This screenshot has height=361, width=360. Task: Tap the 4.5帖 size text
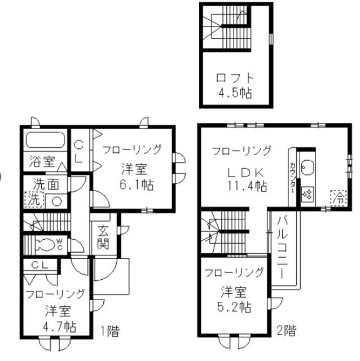(235, 93)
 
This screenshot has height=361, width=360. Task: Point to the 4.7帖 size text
(58, 325)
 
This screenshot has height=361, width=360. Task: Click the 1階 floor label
(110, 331)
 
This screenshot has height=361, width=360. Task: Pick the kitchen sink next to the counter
(309, 168)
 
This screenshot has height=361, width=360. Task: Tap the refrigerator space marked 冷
(337, 197)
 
